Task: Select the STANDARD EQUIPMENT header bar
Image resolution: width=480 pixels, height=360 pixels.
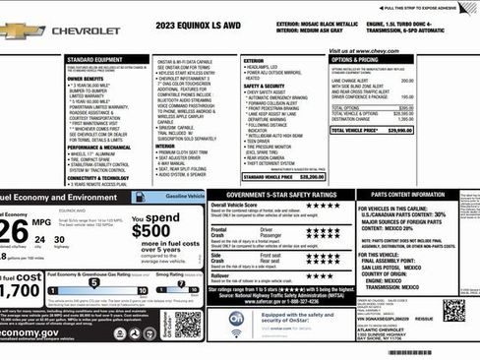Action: tap(108, 60)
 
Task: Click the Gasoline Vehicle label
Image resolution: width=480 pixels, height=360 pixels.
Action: tap(177, 197)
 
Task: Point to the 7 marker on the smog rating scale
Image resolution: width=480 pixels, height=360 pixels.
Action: tap(181, 283)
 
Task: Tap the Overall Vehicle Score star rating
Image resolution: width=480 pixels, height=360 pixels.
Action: tap(321, 209)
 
